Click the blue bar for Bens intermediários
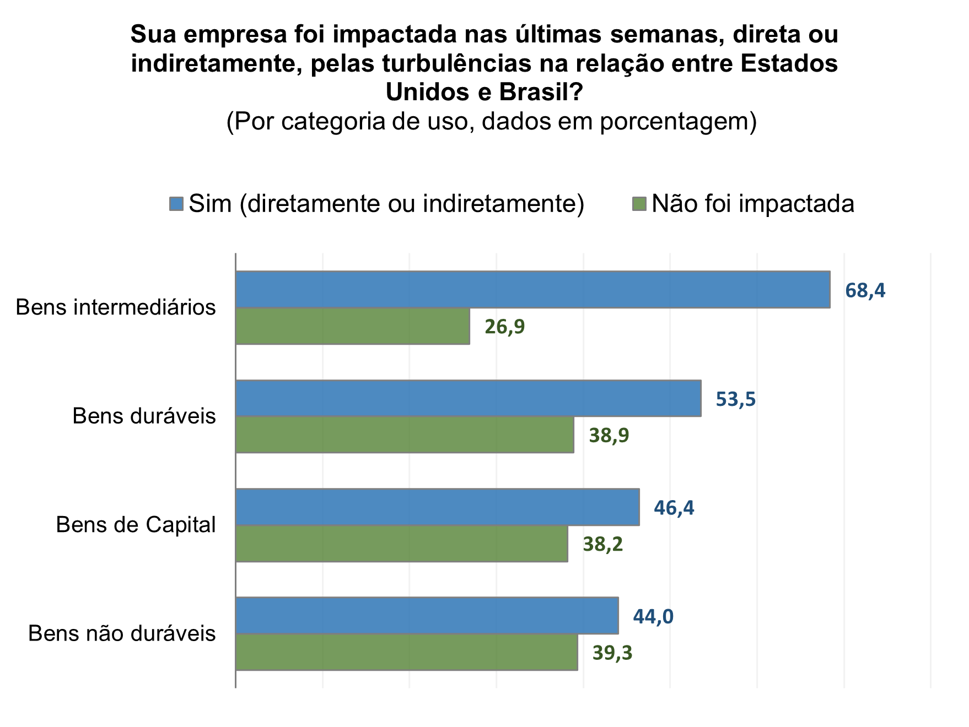click(x=532, y=289)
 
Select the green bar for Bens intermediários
click(x=353, y=326)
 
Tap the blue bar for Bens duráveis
click(x=469, y=398)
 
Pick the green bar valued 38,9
click(x=405, y=435)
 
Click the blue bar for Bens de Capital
click(x=438, y=507)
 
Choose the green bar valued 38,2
click(x=402, y=544)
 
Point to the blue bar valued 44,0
click(x=427, y=615)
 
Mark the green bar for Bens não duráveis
click(x=407, y=652)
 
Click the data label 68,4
click(x=865, y=290)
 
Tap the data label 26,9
click(x=505, y=327)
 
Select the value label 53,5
click(x=736, y=399)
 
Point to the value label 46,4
click(x=674, y=508)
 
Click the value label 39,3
click(x=612, y=653)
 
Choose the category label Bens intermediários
click(x=116, y=307)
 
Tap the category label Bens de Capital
click(x=136, y=525)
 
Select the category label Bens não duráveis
click(x=122, y=633)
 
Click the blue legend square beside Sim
click(x=176, y=204)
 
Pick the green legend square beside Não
click(x=639, y=204)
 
